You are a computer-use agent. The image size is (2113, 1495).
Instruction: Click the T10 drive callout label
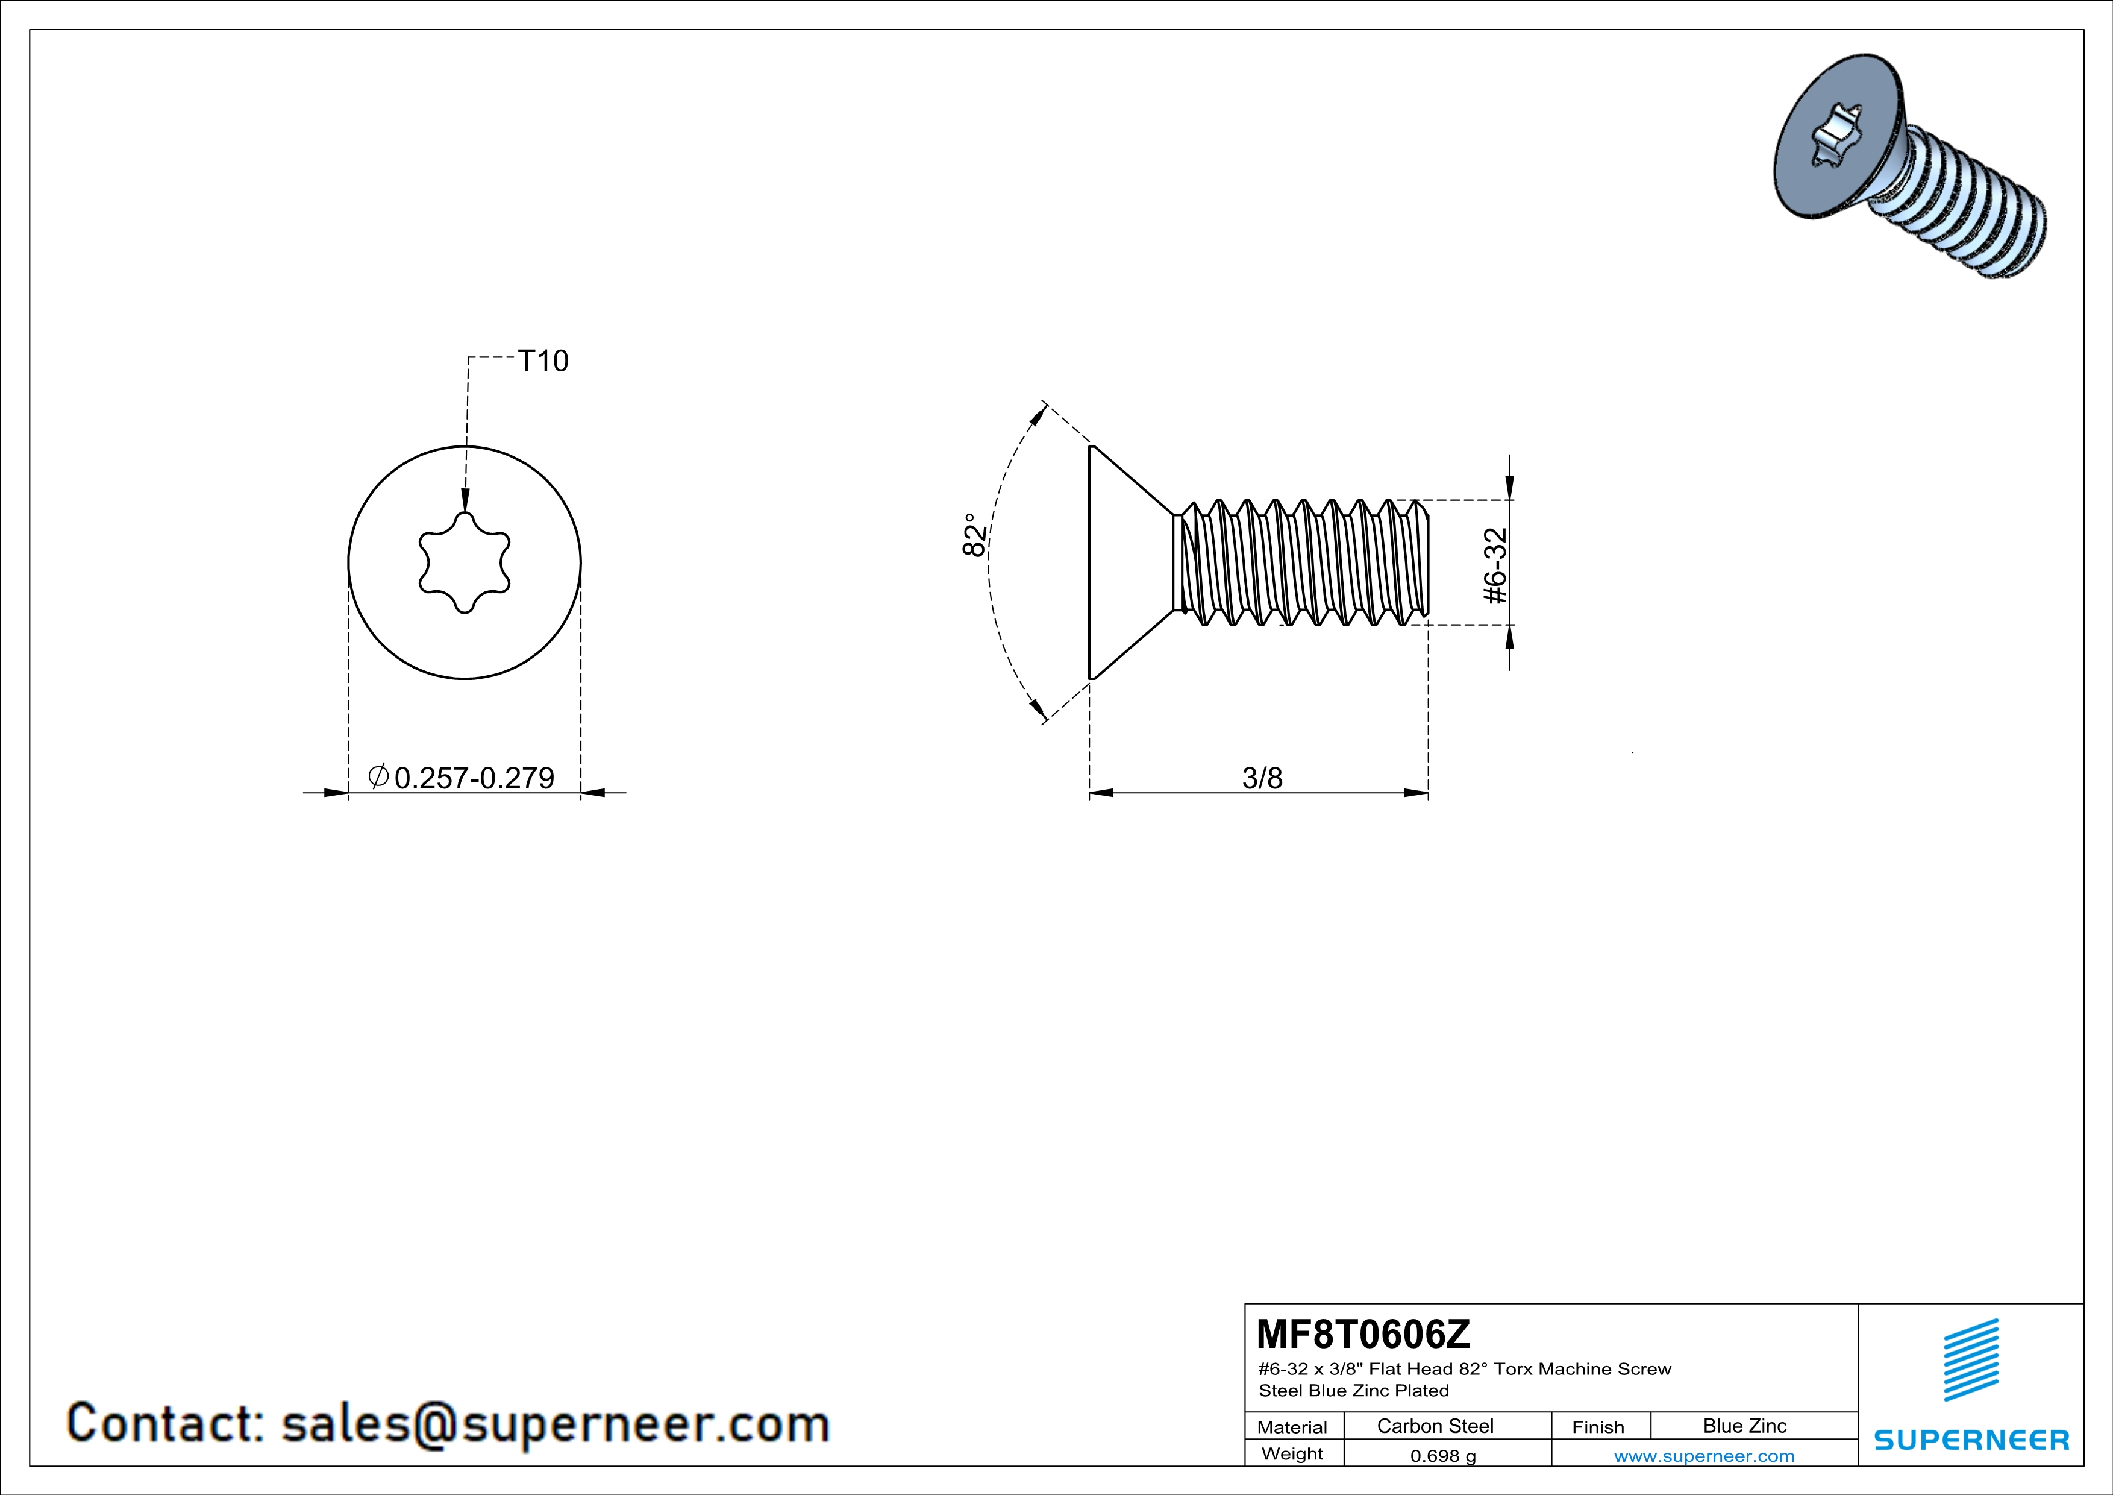543,361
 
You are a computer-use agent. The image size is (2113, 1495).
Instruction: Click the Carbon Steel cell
1435,1426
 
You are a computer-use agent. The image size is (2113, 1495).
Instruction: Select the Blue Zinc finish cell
1744,1426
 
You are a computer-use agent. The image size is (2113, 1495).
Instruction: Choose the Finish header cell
1598,1427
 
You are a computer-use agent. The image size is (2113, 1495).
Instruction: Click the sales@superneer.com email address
555,1423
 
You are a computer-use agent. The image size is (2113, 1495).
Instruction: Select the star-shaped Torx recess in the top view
465,562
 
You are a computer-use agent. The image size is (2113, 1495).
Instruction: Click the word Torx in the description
1513,1369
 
